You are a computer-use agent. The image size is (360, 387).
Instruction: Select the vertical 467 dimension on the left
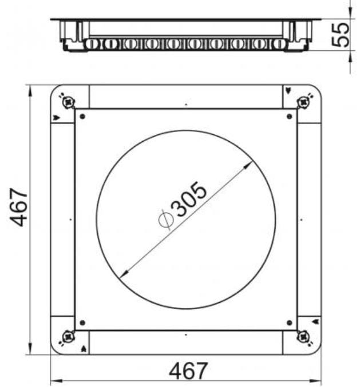click(21, 207)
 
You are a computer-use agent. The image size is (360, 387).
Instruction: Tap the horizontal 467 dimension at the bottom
click(188, 371)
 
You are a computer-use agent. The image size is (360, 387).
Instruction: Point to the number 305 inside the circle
click(190, 200)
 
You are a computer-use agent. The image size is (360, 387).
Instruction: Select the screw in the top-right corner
click(303, 102)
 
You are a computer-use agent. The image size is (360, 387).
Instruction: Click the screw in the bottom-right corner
click(303, 336)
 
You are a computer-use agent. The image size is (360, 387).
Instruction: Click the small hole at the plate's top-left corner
click(82, 116)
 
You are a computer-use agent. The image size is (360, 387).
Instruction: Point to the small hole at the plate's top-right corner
click(290, 116)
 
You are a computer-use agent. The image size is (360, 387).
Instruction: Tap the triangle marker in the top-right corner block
click(287, 90)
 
